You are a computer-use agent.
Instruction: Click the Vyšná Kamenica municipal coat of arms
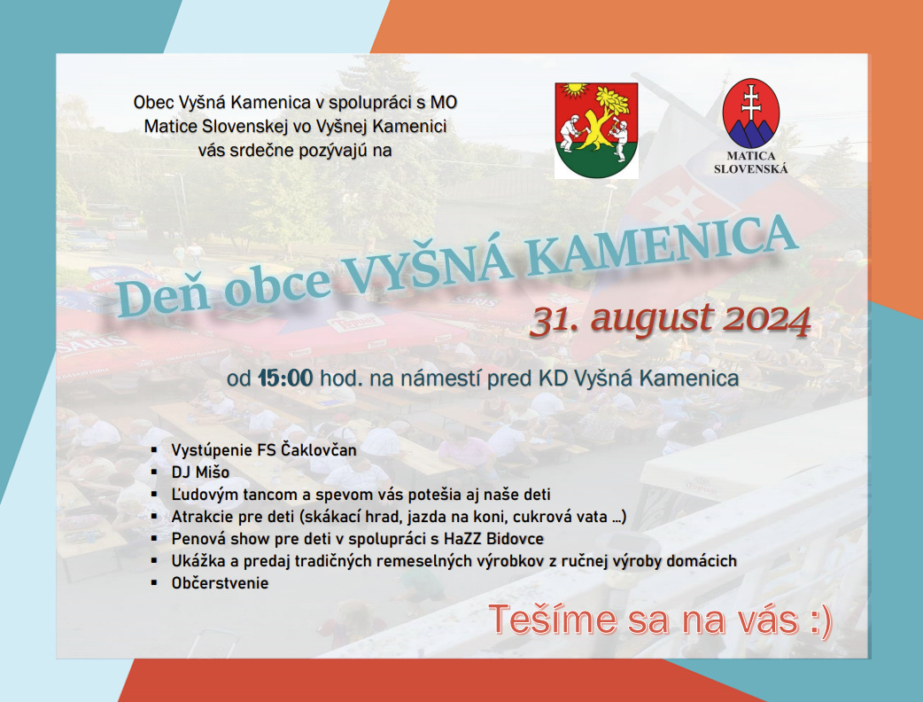[x=596, y=130]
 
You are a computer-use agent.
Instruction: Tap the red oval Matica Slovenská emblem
[x=750, y=113]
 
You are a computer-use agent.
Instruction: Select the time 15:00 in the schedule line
[x=285, y=378]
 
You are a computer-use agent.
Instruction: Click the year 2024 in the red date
[x=766, y=320]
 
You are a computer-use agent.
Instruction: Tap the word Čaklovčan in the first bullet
[x=319, y=450]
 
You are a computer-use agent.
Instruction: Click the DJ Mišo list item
[x=200, y=472]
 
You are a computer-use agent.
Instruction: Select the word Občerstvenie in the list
[x=220, y=583]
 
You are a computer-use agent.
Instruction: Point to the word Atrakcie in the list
[x=202, y=517]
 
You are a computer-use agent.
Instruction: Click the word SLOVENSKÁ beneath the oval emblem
[x=750, y=169]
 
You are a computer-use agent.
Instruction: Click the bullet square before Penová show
[x=154, y=538]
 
